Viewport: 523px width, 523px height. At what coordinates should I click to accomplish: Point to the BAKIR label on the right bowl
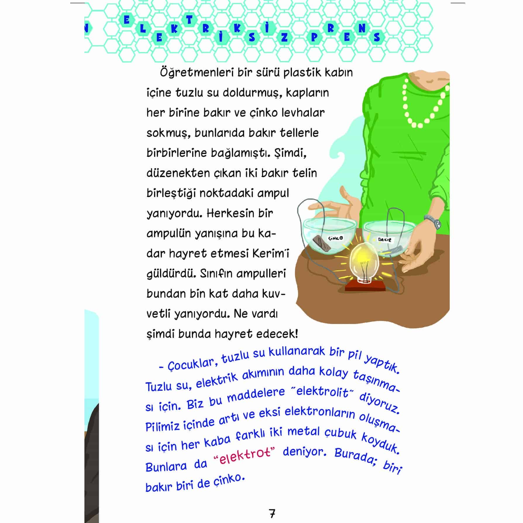[x=385, y=240]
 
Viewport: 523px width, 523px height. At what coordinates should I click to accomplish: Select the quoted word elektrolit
[x=323, y=391]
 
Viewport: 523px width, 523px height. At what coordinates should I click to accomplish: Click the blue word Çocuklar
[x=190, y=365]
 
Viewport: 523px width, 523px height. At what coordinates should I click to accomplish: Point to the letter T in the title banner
[x=190, y=20]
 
